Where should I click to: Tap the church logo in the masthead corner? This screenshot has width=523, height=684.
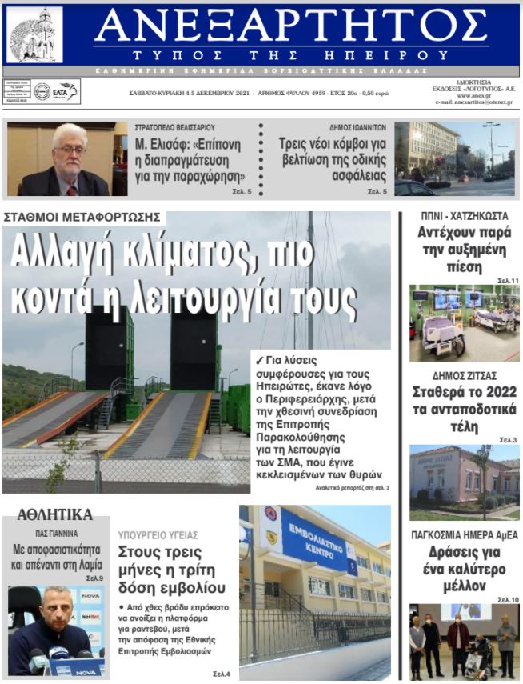34,34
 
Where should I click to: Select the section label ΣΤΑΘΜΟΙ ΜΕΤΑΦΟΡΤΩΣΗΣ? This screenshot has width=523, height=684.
82,217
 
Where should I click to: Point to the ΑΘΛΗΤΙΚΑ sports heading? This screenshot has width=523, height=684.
54,514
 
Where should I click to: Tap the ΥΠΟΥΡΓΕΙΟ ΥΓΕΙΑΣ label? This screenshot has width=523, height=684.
158,535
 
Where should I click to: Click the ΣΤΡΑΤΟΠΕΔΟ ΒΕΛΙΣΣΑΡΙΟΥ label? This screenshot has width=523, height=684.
174,127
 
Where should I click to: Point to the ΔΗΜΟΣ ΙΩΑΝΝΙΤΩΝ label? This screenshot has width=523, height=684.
357,127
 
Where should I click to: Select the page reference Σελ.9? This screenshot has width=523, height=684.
94,578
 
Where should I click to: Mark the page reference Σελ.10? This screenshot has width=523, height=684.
508,599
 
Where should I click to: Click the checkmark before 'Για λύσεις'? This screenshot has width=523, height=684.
258,359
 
